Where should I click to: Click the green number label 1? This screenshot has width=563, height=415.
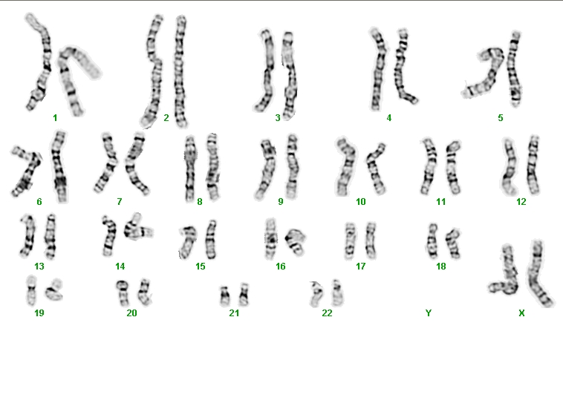(x=55, y=118)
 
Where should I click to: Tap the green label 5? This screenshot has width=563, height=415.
(x=501, y=118)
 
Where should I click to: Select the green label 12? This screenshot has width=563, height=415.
(x=521, y=202)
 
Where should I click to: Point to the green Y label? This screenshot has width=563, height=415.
(x=429, y=313)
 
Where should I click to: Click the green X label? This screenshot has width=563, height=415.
(x=521, y=313)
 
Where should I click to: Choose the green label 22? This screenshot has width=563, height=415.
(x=327, y=313)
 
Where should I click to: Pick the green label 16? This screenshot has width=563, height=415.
(x=281, y=267)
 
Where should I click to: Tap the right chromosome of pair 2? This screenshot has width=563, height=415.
(x=180, y=72)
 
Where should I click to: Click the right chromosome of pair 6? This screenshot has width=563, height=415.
(x=59, y=167)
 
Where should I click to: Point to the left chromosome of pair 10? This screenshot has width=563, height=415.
(x=345, y=167)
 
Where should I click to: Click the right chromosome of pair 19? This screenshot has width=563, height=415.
(x=54, y=290)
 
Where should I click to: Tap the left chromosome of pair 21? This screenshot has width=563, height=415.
(x=224, y=296)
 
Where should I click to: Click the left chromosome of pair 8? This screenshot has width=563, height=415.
(x=190, y=169)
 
